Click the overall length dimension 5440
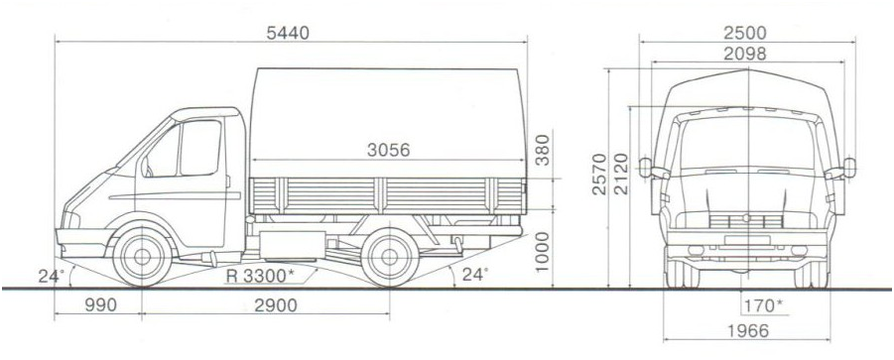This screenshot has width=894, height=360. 288,33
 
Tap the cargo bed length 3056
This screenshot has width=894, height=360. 388,150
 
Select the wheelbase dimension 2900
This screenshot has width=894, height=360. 276,305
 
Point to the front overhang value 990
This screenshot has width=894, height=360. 101,305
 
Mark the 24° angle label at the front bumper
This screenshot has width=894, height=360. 51,277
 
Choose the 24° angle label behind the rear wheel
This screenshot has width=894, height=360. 474,275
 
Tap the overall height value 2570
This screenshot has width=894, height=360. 599,174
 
